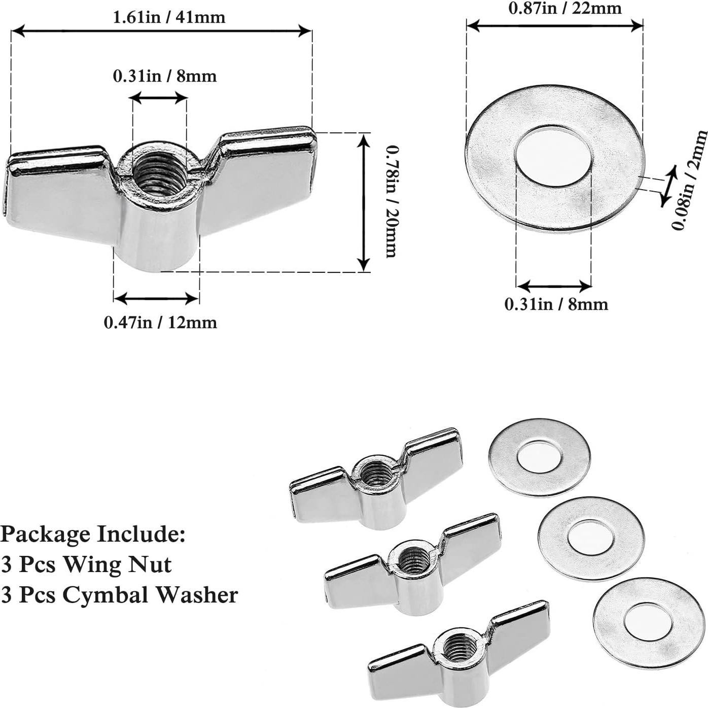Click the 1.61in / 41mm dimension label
coord(168,17)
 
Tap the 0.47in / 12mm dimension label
coord(160,323)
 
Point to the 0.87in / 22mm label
coord(564,8)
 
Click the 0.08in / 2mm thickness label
coord(690,180)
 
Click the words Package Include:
coord(93,534)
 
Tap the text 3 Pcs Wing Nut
coord(86,564)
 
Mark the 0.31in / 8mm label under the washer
coord(556,304)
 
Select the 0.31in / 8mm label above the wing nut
coord(164,76)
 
